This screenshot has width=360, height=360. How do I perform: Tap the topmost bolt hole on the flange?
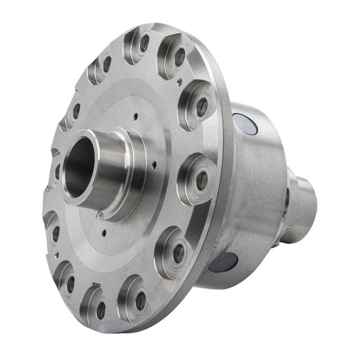pos(144,43)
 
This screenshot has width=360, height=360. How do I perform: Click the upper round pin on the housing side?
pos(245,123)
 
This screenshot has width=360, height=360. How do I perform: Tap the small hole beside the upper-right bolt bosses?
pos(179,81)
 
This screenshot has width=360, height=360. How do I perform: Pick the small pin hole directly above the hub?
pos(135,116)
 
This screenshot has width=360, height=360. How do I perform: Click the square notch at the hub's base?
pos(100,215)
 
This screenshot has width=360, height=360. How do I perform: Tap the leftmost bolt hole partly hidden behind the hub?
pos(57,171)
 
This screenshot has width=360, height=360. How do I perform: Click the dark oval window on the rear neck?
pos(287,198)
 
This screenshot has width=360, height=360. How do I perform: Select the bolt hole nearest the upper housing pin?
pos(202,107)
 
